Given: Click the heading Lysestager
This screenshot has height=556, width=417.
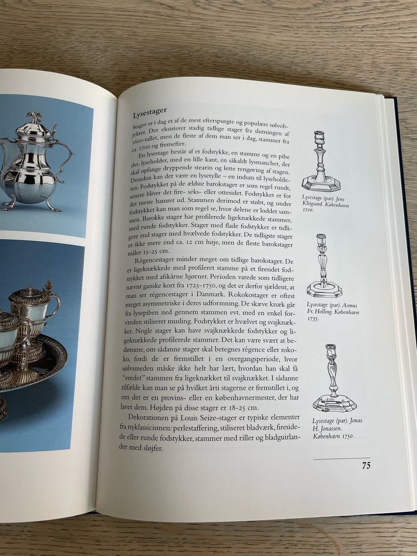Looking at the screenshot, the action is point(150,113).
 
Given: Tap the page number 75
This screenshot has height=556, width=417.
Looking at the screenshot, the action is point(366,465).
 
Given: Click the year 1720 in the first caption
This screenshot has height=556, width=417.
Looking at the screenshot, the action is point(307,210).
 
